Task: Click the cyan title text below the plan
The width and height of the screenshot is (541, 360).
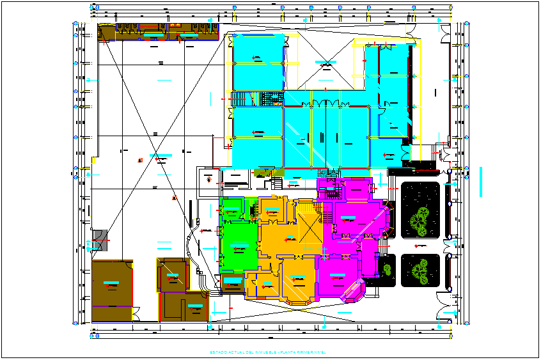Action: click(x=268, y=352)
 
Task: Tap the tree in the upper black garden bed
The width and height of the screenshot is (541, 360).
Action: click(x=419, y=219)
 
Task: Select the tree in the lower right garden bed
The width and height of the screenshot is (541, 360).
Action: click(x=420, y=270)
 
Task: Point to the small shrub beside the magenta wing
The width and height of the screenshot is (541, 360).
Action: click(x=388, y=269)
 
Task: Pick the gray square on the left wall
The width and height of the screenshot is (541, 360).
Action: click(x=98, y=240)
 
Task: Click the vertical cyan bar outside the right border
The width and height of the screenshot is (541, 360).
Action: click(x=480, y=182)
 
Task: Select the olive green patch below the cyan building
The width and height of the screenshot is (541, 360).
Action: click(x=263, y=173)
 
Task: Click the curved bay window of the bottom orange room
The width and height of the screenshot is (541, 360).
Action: click(x=297, y=298)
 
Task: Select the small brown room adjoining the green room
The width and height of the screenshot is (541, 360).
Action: click(x=233, y=284)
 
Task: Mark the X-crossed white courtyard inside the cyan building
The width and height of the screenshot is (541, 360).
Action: click(x=325, y=63)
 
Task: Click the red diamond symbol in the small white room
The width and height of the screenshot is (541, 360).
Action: click(x=209, y=180)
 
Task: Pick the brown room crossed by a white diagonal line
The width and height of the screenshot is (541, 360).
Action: click(x=172, y=275)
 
